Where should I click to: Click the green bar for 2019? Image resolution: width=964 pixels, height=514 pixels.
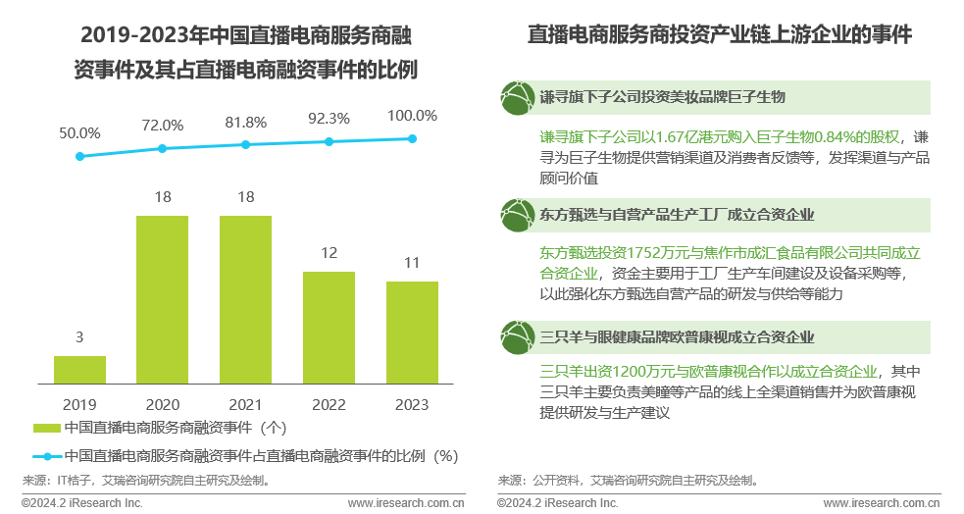[79, 369]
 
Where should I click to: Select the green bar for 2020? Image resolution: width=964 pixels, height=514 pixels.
[163, 299]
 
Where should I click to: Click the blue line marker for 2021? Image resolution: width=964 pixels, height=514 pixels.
[246, 144]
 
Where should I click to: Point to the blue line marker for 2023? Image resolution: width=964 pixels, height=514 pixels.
[412, 138]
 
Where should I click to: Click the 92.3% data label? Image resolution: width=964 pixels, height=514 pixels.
[329, 119]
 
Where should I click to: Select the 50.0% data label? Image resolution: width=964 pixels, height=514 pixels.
[79, 132]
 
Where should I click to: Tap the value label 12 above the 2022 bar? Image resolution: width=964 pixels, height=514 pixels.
[329, 253]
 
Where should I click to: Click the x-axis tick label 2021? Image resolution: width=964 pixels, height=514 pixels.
[246, 404]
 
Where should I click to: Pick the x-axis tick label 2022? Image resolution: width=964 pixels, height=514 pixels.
[329, 404]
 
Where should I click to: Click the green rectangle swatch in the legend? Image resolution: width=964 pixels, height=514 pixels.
[46, 429]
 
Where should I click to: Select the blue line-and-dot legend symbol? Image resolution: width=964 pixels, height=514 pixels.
[46, 456]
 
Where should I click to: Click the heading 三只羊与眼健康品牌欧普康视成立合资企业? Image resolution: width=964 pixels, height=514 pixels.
[677, 337]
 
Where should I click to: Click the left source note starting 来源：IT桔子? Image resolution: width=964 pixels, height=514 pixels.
[146, 481]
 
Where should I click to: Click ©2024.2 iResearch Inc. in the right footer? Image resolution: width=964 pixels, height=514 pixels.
[557, 503]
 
